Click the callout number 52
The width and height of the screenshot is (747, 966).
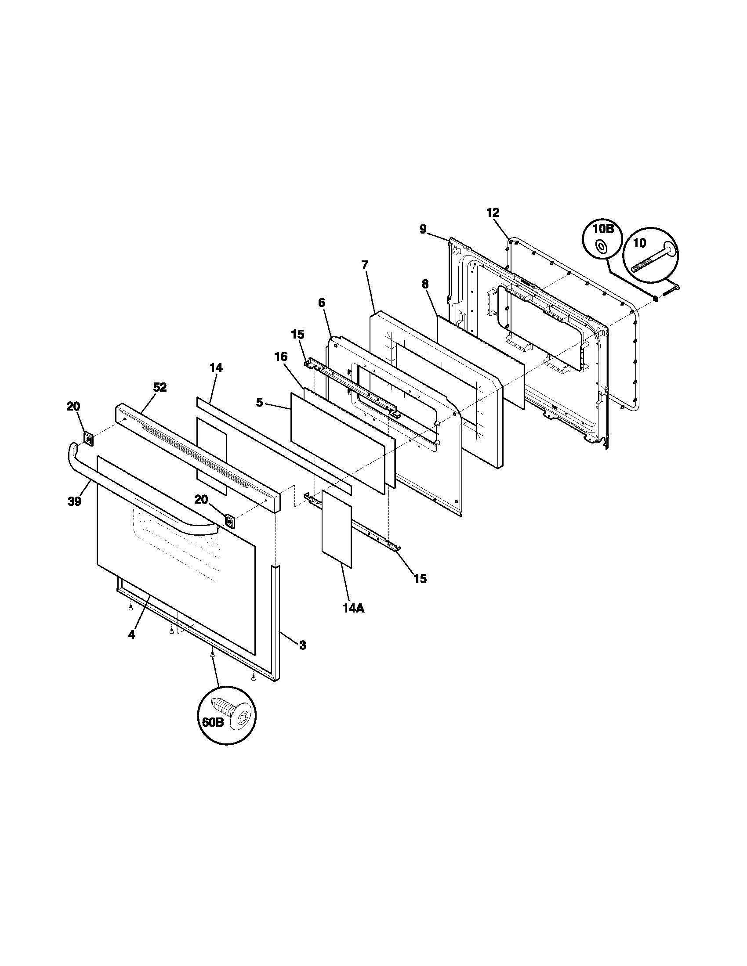(160, 387)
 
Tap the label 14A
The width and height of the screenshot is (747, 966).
(353, 608)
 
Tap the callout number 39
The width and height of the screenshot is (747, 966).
(74, 501)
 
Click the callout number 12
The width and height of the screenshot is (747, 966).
(493, 213)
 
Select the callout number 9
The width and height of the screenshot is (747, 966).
(423, 229)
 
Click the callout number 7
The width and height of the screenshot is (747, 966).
(364, 265)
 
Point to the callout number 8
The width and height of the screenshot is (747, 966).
(425, 285)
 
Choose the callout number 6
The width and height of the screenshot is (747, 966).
(321, 303)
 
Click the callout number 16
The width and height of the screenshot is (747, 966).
(281, 357)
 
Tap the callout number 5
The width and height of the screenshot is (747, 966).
(259, 402)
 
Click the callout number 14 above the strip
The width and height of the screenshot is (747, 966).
(216, 368)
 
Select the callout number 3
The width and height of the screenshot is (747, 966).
(302, 645)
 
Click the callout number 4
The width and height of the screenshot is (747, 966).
(131, 635)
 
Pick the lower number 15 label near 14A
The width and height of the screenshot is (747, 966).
(420, 578)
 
